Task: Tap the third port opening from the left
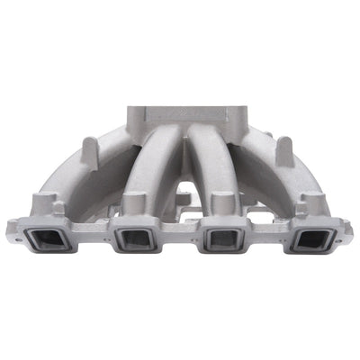[x=221, y=239]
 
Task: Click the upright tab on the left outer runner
[x=90, y=149]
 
